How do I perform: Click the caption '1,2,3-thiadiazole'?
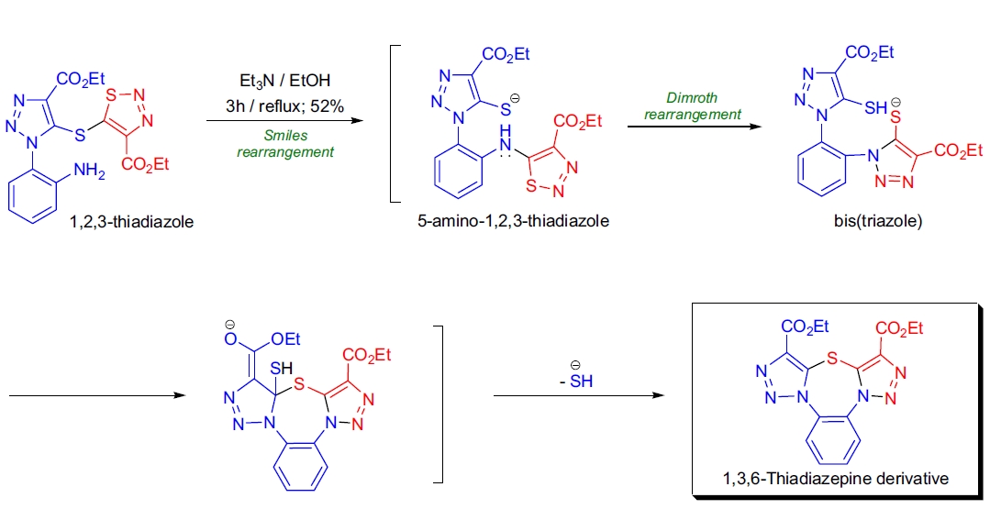[132, 221]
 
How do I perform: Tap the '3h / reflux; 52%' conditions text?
[284, 106]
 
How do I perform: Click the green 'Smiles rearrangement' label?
[284, 144]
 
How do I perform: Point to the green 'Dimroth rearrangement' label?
[692, 107]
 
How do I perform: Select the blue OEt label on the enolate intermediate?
[287, 340]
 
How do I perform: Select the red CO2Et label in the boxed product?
[899, 327]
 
